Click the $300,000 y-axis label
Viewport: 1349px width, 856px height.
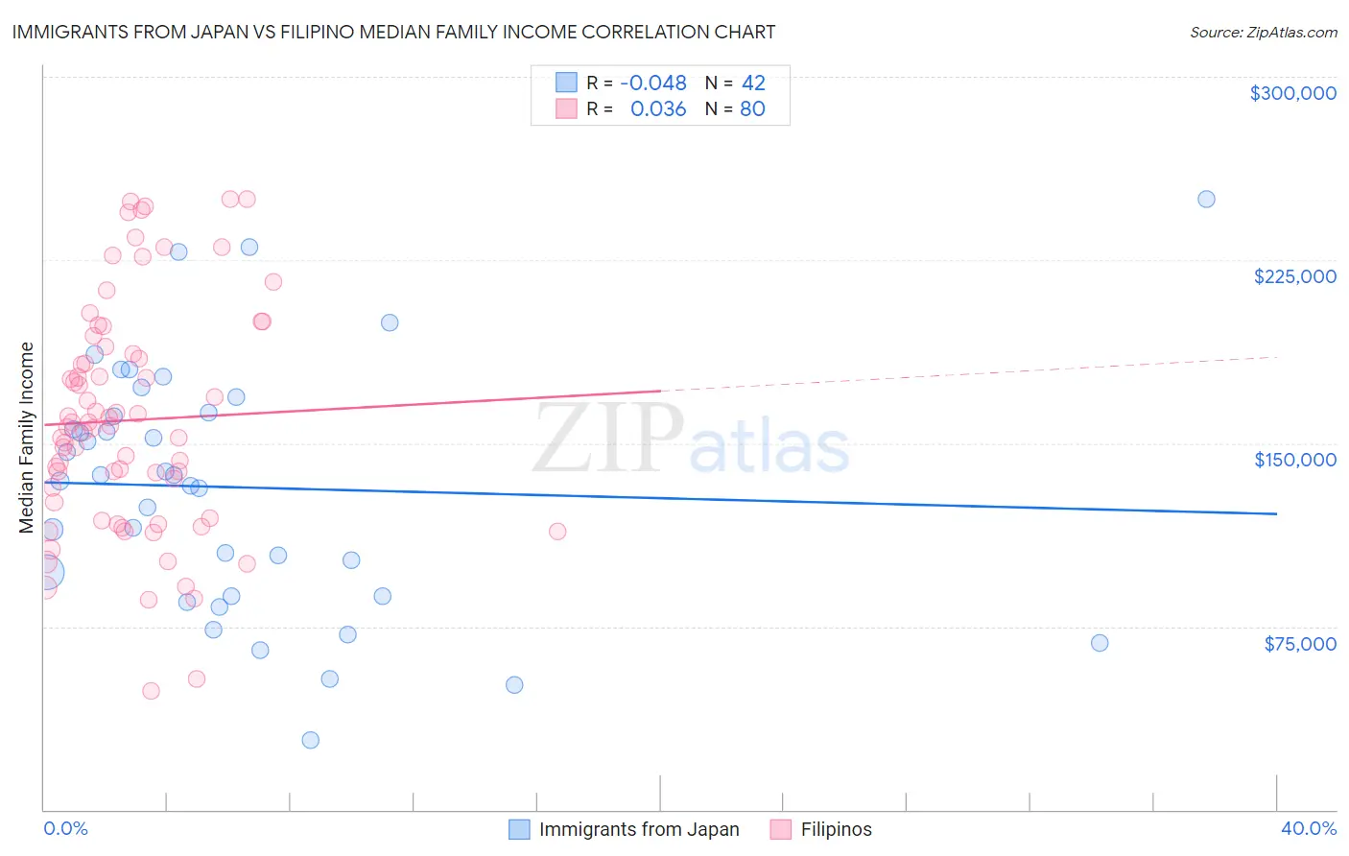click(x=1292, y=93)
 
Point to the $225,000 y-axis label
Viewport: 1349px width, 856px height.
click(x=1294, y=276)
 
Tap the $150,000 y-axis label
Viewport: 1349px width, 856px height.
click(x=1294, y=460)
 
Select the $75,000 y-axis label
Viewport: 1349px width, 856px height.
click(x=1299, y=644)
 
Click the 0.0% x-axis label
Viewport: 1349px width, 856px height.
click(x=65, y=829)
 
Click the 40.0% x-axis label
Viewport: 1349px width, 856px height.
click(x=1308, y=829)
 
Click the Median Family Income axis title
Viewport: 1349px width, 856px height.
click(x=26, y=438)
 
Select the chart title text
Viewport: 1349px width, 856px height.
click(x=393, y=32)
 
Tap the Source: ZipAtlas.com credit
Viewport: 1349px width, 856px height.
click(x=1263, y=32)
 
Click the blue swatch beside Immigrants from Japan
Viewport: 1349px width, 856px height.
click(x=519, y=829)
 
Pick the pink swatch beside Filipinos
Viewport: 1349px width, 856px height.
click(x=781, y=829)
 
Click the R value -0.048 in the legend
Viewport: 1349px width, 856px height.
click(x=653, y=83)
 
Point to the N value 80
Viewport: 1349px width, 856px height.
click(x=752, y=109)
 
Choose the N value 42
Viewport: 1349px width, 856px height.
click(x=753, y=83)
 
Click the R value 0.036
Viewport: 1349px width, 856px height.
click(x=658, y=109)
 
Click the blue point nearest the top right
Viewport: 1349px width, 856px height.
click(x=1206, y=200)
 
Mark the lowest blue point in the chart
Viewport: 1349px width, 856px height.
click(x=310, y=740)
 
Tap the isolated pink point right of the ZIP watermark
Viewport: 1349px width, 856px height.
click(x=557, y=531)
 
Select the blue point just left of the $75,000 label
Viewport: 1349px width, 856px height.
click(x=1100, y=643)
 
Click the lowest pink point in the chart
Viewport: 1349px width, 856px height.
click(x=151, y=691)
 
